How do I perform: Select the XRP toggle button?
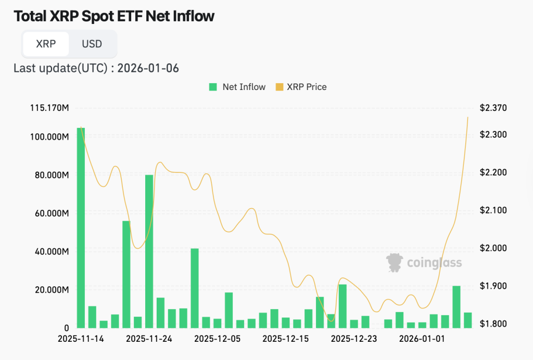(x=46, y=44)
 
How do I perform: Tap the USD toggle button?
(x=92, y=44)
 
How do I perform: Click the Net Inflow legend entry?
(x=237, y=87)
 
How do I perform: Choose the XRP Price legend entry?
(x=301, y=87)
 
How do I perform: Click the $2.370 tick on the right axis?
(x=492, y=108)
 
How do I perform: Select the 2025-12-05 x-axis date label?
(x=217, y=339)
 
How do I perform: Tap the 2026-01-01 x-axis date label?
(x=422, y=339)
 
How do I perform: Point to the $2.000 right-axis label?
(x=492, y=248)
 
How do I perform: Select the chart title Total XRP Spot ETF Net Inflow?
(x=114, y=16)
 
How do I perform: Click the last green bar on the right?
(x=467, y=320)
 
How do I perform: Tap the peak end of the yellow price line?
(x=467, y=118)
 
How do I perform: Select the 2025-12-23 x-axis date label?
(x=353, y=339)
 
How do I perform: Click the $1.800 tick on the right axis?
(x=492, y=324)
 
